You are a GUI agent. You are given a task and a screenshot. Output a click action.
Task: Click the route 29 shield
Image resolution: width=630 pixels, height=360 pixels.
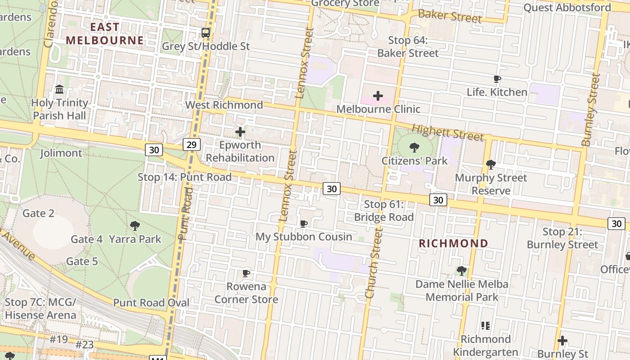point(192,144)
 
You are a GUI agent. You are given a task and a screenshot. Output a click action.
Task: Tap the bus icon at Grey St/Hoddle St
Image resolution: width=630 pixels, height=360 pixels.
point(206,33)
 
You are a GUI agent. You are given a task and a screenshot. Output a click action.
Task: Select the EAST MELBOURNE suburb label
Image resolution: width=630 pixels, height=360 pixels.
point(105,33)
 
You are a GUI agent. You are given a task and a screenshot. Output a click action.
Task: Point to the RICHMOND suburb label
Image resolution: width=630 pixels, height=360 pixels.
point(453,243)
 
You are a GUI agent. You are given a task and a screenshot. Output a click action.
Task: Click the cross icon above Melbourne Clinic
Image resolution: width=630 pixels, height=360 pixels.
point(378,96)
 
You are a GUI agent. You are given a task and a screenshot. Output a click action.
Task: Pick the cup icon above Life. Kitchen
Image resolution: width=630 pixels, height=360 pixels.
point(497,79)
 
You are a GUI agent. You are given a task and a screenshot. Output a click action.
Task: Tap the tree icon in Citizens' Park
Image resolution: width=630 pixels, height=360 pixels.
point(414,148)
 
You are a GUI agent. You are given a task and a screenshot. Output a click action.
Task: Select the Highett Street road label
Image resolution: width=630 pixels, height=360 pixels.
point(448,132)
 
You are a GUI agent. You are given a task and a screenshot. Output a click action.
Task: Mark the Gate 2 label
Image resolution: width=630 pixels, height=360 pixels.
point(38,213)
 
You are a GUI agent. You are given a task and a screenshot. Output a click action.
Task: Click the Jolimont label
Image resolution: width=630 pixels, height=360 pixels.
point(61,153)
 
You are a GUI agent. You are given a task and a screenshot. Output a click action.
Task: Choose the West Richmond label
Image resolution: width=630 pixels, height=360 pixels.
point(224,105)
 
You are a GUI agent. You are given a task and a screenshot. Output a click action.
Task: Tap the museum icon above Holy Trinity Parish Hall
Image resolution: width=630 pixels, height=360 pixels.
point(59,90)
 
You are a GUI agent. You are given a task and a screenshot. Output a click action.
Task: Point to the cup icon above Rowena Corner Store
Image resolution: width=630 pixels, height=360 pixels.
point(246,273)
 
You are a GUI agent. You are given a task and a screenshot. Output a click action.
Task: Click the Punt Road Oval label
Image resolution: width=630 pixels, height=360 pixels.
point(151,303)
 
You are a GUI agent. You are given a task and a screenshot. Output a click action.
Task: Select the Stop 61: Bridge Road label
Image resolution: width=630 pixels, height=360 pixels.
point(383,211)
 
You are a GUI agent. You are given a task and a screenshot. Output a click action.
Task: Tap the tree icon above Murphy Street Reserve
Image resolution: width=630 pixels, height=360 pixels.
point(491,165)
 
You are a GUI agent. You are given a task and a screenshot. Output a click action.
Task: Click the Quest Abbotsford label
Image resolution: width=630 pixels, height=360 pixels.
point(567,8)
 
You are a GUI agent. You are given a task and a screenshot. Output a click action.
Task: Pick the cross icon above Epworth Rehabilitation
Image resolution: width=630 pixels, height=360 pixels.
point(240,132)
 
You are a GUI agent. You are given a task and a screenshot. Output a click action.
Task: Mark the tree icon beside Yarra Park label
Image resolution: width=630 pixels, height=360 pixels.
point(135,226)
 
